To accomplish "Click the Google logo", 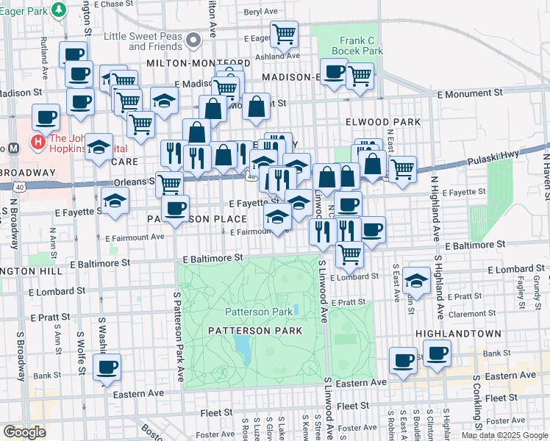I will (25, 432).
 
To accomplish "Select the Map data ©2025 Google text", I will (504, 435).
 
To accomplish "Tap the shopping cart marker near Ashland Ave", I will (284, 33).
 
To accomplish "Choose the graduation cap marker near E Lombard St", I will (417, 281).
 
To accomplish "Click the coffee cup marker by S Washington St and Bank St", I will (107, 366).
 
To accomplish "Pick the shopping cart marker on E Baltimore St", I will (349, 254).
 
